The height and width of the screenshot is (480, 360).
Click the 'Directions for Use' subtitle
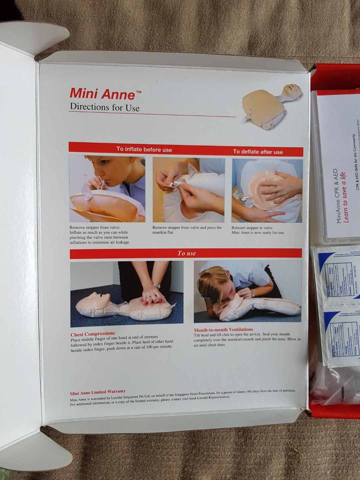[x=104, y=107]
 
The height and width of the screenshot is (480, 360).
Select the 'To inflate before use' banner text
[x=144, y=149]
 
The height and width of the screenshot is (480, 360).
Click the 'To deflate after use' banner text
[x=258, y=152]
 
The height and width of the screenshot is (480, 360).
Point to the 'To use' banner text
[x=186, y=253]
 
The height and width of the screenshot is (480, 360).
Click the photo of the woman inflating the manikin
[x=107, y=189]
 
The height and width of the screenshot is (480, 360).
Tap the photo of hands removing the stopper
[x=189, y=190]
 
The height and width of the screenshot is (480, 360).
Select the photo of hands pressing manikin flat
[x=267, y=191]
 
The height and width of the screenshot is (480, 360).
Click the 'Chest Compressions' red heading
[x=93, y=334]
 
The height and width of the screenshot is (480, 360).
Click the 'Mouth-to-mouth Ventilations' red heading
[x=223, y=330]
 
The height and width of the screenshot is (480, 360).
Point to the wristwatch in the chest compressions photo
[x=156, y=286]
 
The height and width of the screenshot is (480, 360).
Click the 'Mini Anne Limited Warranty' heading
[x=98, y=392]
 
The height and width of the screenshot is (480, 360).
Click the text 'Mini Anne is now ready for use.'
[x=258, y=233]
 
